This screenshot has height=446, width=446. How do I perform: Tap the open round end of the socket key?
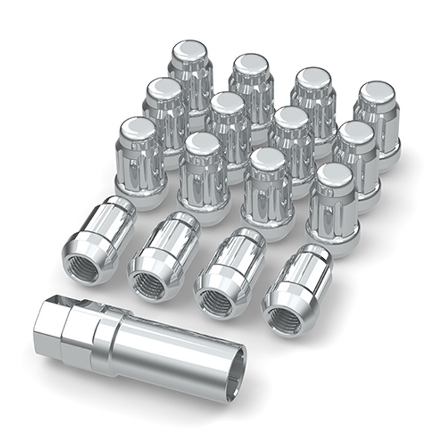pos(232,375)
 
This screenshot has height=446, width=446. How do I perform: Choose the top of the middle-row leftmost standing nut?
pos(164,87)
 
